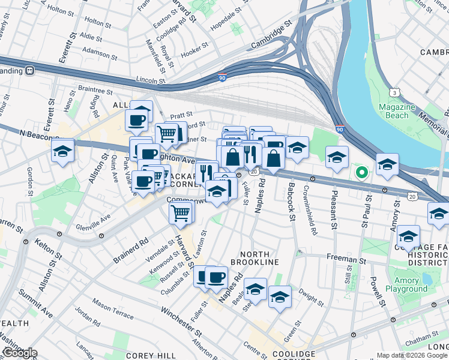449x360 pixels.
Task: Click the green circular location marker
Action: [361, 173]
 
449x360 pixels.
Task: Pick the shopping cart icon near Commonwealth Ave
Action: [181, 212]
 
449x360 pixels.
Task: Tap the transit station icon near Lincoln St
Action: [29, 70]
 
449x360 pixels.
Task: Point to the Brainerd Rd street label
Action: [131, 252]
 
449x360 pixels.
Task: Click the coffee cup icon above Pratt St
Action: [137, 119]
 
